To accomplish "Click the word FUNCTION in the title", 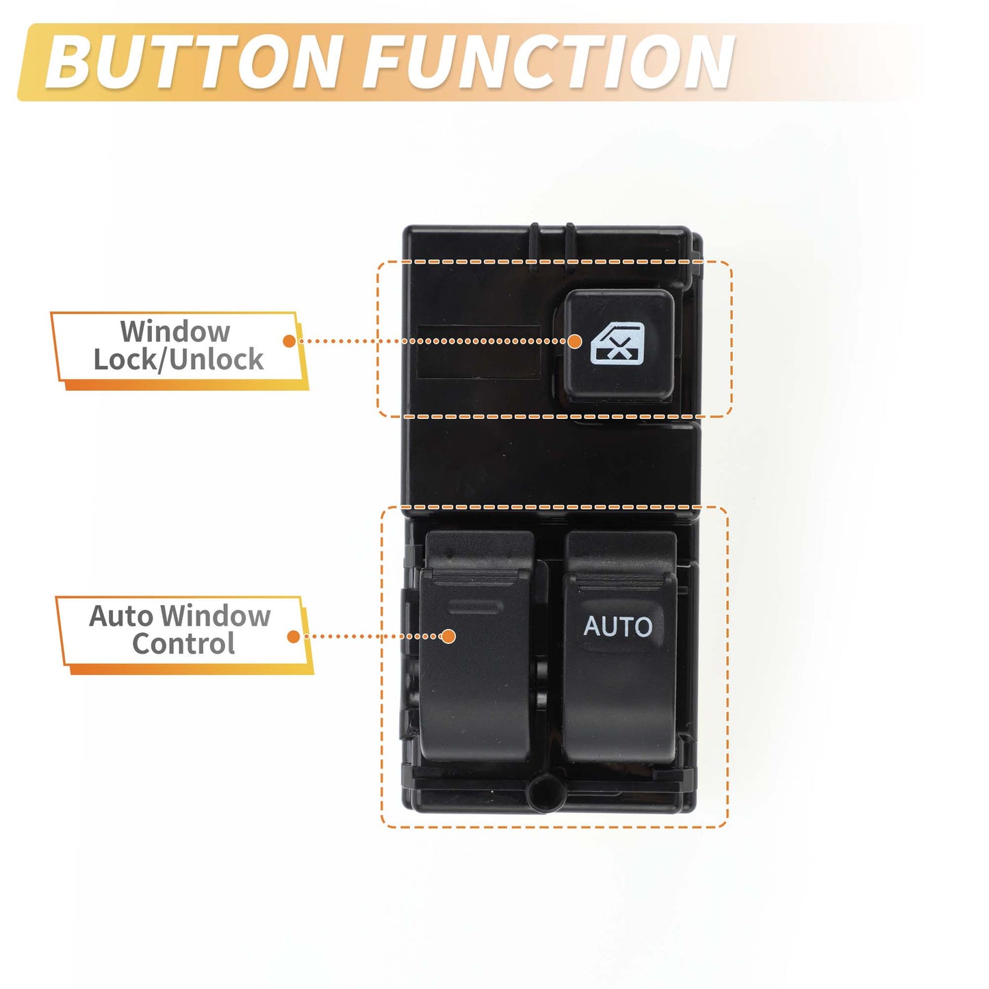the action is pyautogui.click(x=548, y=62).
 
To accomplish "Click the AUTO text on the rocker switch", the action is pyautogui.click(x=618, y=626).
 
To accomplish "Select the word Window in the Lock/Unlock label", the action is pyautogui.click(x=175, y=331).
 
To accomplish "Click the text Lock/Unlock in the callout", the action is pyautogui.click(x=178, y=359).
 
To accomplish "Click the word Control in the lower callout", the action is pyautogui.click(x=183, y=643).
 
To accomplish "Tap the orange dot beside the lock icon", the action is pyautogui.click(x=575, y=342).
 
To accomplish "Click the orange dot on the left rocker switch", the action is pyautogui.click(x=448, y=637).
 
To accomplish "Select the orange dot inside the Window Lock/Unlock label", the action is pyautogui.click(x=290, y=341).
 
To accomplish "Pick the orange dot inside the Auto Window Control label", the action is pyautogui.click(x=294, y=637).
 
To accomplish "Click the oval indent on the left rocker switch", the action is pyautogui.click(x=475, y=606).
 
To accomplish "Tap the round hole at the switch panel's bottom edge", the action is pyautogui.click(x=547, y=793).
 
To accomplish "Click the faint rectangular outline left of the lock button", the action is pyautogui.click(x=479, y=352).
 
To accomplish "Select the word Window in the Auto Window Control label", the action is pyautogui.click(x=215, y=615).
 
